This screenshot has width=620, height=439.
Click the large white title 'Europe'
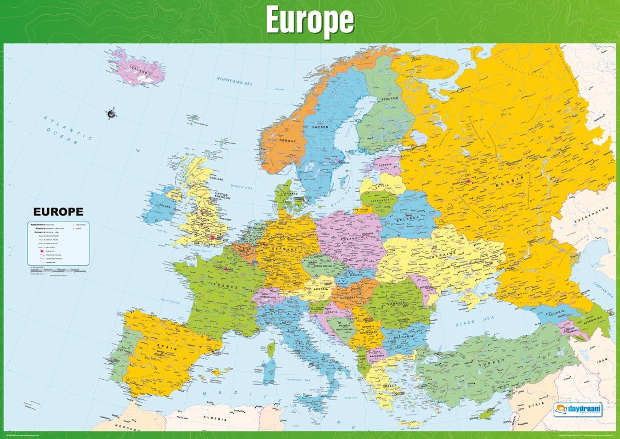tap(310, 21)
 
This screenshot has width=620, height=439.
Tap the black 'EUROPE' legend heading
tap(58, 211)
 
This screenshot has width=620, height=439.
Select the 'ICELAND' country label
tap(138, 70)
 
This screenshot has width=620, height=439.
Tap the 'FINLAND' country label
tap(389, 99)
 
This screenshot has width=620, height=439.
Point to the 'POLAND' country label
tap(349, 239)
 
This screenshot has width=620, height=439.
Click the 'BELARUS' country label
tap(406, 218)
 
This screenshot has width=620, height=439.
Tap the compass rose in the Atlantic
tap(111, 114)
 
